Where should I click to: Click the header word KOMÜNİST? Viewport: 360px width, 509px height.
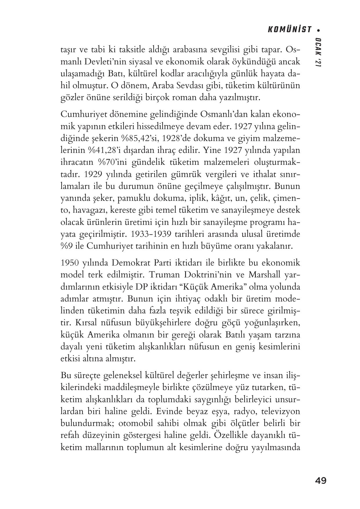click(x=289, y=30)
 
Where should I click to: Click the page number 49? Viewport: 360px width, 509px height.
click(x=321, y=480)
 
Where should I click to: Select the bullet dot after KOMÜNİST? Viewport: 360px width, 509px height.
click(x=319, y=30)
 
